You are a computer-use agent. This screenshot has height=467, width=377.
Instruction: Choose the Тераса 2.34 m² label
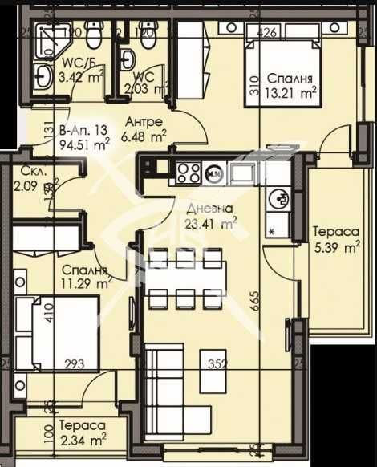coord(82,433)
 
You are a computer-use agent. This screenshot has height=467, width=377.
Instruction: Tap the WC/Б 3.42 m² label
coord(61,70)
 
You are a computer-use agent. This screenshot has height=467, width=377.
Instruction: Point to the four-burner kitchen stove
coord(188,171)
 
